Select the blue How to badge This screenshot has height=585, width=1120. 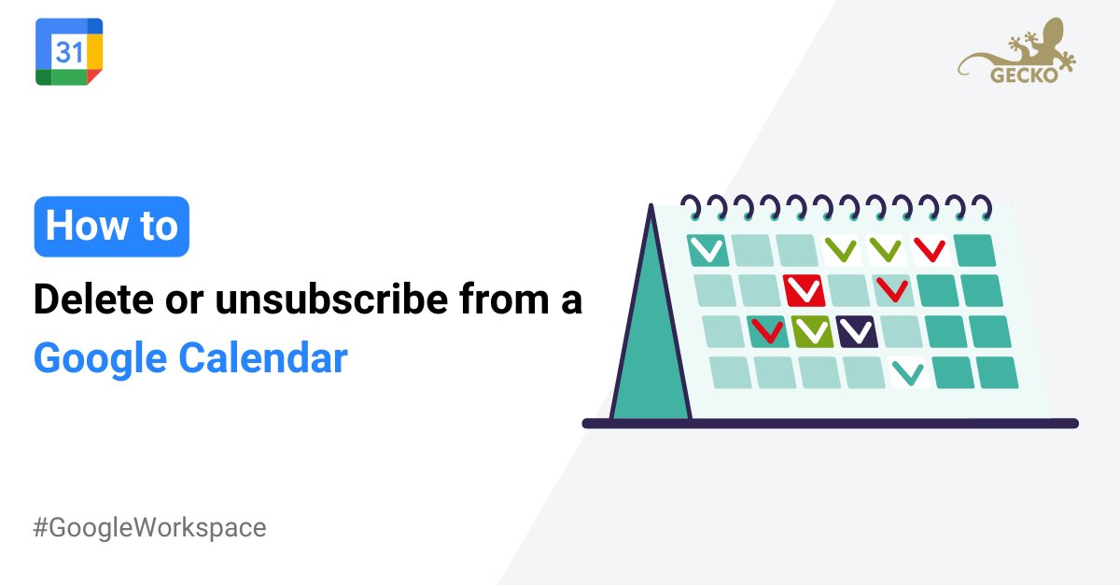coord(112,227)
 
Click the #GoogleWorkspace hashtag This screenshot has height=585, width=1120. coord(150,527)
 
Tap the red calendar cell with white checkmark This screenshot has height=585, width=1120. coord(804,291)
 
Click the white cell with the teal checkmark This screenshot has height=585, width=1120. coord(908,373)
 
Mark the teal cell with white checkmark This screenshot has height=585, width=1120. coord(708,250)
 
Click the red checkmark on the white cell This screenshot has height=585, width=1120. coord(930,250)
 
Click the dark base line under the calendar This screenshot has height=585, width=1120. coord(831,424)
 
